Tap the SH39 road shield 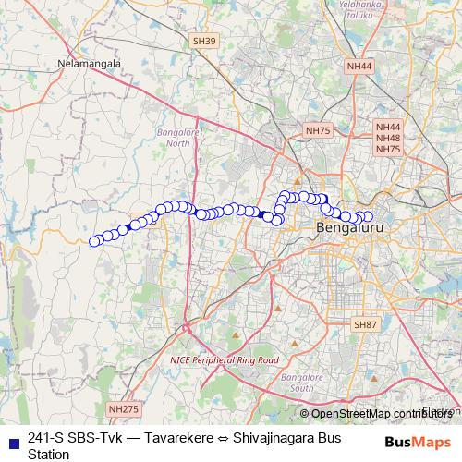click(204, 42)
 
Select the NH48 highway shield click(388, 138)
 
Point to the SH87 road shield click(366, 324)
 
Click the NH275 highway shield click(122, 408)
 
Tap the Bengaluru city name click(348, 227)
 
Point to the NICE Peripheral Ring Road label click(225, 359)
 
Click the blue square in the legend click(11, 439)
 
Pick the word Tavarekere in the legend click(177, 438)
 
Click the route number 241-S click(46, 438)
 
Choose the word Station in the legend click(48, 454)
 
